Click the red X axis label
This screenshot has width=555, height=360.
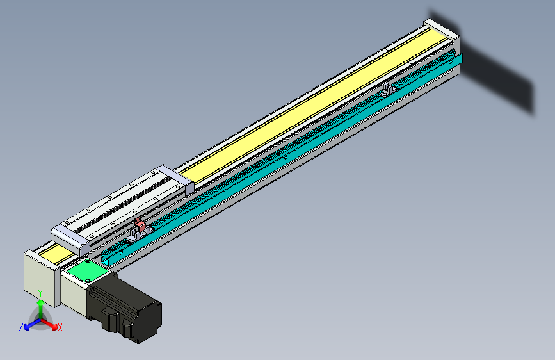tap(60, 328)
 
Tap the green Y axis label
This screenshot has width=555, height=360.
tap(40, 293)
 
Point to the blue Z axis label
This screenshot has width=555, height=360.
tap(21, 327)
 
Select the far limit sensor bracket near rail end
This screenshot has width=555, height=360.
tap(388, 89)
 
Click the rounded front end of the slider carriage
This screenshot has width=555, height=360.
tap(70, 238)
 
